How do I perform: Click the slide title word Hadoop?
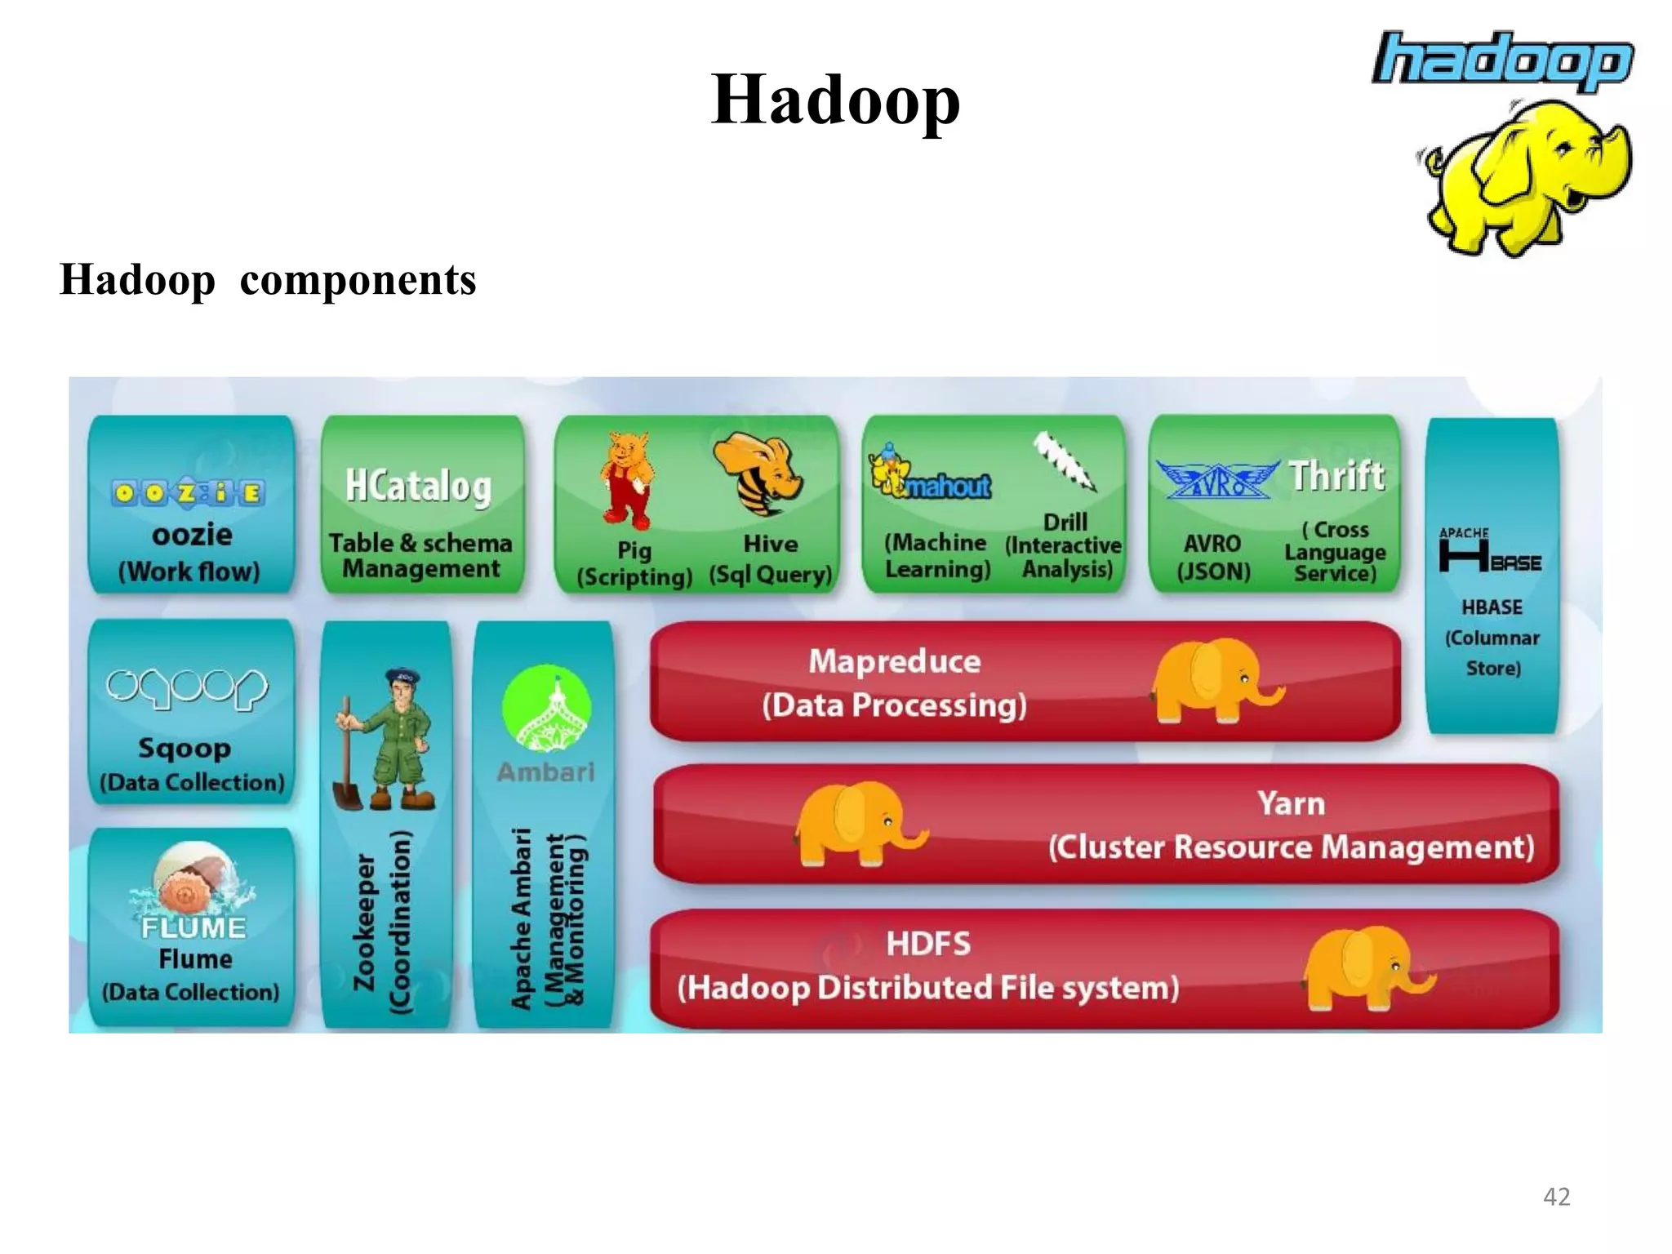[x=835, y=100]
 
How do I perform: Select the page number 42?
[x=1556, y=1197]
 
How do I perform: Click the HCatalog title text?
[x=418, y=487]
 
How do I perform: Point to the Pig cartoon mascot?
[x=627, y=479]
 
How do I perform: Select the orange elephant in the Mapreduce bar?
[x=1215, y=681]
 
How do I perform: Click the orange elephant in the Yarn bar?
[x=857, y=823]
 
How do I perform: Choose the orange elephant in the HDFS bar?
[x=1363, y=967]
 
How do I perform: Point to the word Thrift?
[x=1337, y=476]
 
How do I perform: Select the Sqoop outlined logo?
[x=187, y=688]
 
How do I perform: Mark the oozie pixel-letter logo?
[x=189, y=492]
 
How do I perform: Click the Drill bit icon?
[x=1065, y=461]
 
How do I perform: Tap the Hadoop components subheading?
[x=268, y=280]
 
